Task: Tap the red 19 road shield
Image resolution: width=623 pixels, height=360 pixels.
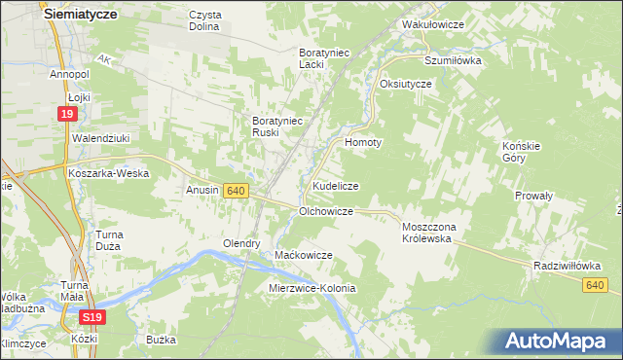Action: point(66,115)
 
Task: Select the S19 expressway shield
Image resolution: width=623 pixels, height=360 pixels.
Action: point(91,317)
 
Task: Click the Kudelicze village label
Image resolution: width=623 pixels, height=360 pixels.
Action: point(336,185)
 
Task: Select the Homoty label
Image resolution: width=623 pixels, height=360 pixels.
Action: point(364,141)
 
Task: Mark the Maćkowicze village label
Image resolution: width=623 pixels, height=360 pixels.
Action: point(304,255)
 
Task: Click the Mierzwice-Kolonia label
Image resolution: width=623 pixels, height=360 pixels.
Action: point(312,289)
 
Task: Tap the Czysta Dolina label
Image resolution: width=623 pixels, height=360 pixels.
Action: point(205,20)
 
